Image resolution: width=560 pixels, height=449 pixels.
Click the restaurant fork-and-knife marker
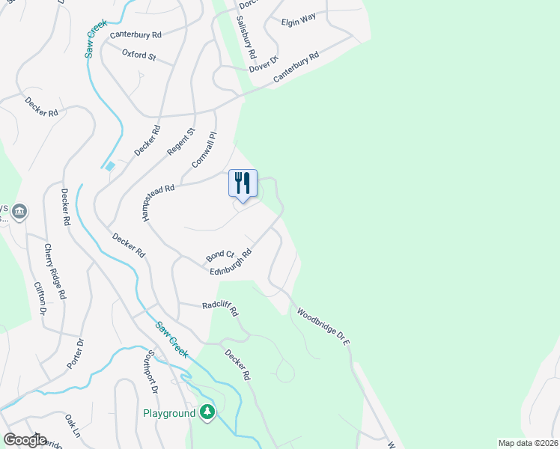pos(243,183)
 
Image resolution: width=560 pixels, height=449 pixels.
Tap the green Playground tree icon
pos(207,412)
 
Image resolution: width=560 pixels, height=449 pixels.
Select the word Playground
pos(170,413)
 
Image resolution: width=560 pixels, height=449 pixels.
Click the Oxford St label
pos(139,55)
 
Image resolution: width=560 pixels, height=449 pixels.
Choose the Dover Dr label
pos(264,64)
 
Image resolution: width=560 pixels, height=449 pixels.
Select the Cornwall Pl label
pos(204,149)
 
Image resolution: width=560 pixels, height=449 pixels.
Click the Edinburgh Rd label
pos(231,263)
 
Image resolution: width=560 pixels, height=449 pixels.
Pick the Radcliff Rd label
pos(219,307)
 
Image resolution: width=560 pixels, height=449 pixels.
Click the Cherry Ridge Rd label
pos(54,271)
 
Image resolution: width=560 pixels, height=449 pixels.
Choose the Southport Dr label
pos(150,371)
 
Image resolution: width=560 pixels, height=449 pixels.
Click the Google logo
pos(25,440)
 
